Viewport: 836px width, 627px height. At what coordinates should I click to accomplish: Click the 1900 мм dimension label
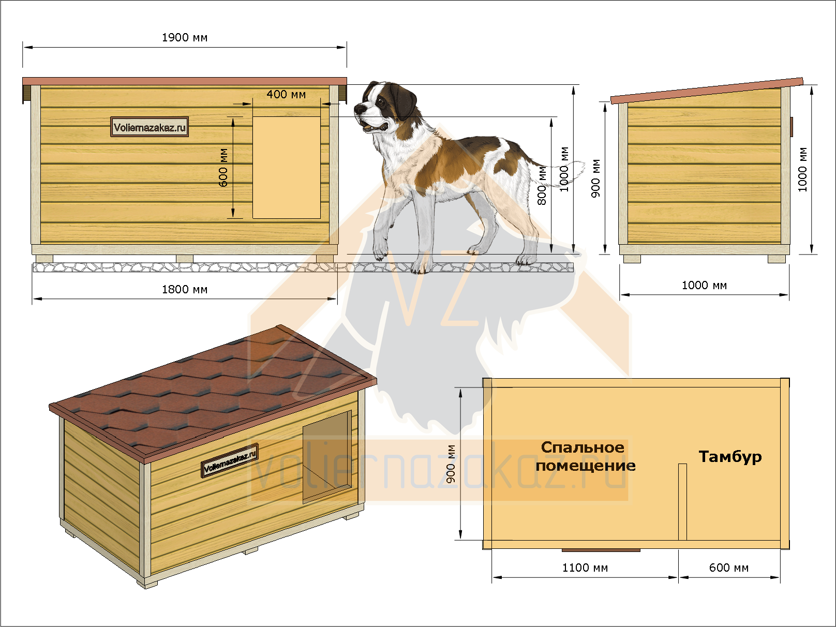(185, 38)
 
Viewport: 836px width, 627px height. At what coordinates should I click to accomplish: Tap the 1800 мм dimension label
(185, 290)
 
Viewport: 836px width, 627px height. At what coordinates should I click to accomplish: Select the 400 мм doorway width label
(286, 94)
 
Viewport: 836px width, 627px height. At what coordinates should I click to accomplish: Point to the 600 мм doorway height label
(223, 168)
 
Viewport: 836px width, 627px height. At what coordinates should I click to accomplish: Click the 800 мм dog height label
(542, 185)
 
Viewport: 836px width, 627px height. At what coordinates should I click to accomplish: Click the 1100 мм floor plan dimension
(585, 568)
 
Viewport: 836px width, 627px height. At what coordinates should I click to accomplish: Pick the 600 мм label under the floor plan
(728, 568)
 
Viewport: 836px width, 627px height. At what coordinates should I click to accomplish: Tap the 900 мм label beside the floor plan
(451, 464)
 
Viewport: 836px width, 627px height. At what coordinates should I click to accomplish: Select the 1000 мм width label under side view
(704, 286)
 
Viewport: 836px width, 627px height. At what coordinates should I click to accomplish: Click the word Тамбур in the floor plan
(730, 456)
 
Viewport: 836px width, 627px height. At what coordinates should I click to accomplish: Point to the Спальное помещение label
(586, 456)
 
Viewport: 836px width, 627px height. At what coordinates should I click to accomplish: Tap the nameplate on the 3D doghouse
(229, 460)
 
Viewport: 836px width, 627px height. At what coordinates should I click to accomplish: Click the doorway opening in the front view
(287, 168)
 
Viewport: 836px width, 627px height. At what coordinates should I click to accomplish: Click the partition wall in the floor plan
(682, 502)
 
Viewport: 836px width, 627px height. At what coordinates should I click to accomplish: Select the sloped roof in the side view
(707, 91)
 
